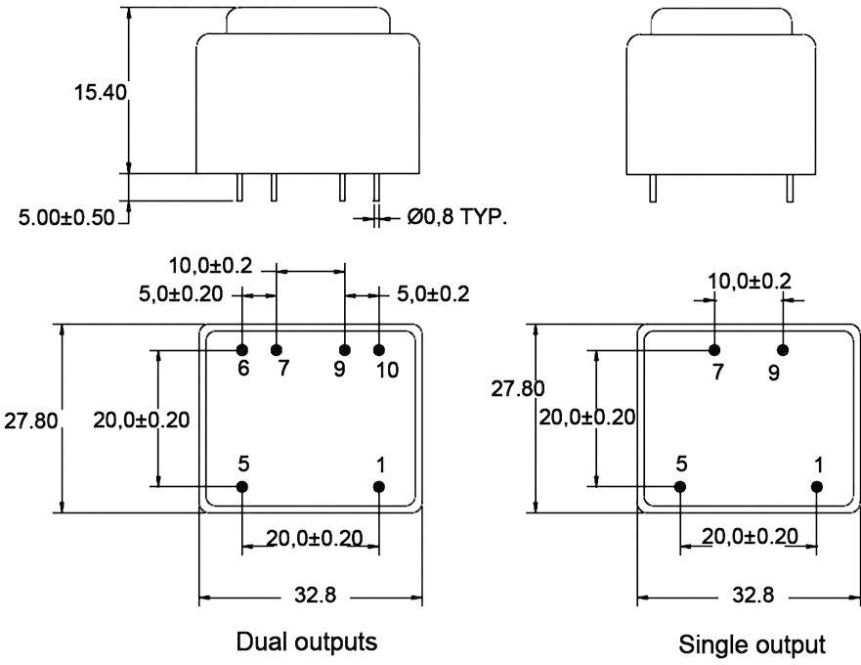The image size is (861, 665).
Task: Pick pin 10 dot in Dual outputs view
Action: (379, 349)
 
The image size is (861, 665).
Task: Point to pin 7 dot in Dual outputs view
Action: (277, 349)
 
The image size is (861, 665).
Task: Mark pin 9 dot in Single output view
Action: (783, 349)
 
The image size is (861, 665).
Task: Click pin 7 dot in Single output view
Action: (714, 349)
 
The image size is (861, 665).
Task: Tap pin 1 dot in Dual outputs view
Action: (379, 486)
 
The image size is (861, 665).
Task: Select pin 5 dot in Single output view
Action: (681, 486)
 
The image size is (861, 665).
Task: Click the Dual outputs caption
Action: (307, 643)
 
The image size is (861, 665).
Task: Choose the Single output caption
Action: (752, 644)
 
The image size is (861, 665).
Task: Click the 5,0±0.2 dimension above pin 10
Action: (433, 293)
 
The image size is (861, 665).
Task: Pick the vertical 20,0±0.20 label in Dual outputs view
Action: (142, 421)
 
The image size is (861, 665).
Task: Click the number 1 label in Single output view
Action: (818, 464)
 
